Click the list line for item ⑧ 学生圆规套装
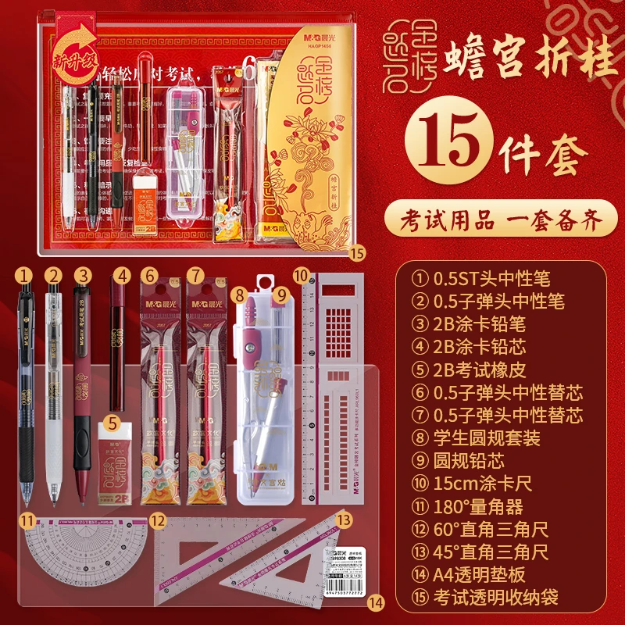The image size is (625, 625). click(x=488, y=437)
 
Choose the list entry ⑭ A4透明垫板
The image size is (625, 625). click(x=483, y=575)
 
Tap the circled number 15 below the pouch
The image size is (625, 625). click(x=357, y=252)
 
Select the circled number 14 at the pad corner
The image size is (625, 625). click(x=377, y=602)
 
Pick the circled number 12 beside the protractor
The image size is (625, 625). click(x=159, y=520)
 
